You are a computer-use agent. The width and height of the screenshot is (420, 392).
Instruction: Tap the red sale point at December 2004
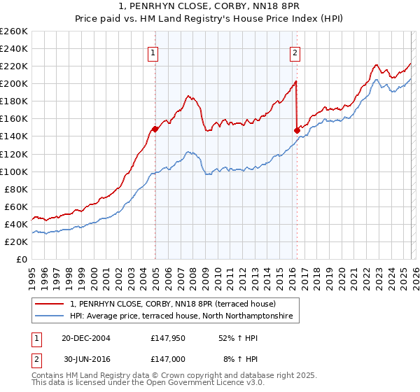(x=155, y=129)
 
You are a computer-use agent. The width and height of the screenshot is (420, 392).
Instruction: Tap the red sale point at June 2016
(x=297, y=129)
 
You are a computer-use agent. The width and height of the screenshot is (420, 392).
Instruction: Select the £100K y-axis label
(x=14, y=171)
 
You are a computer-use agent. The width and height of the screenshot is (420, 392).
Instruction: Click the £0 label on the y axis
(x=22, y=259)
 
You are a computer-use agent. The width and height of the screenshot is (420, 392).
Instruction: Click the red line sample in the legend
(x=50, y=304)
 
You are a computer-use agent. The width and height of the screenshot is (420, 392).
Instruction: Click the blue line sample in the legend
(x=50, y=317)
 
